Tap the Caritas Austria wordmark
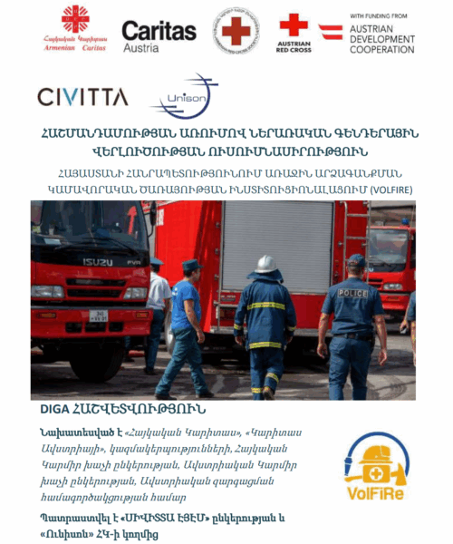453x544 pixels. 159,35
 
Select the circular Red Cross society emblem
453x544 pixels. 235,32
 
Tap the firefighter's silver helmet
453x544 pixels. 265,264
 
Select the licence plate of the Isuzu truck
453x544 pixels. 97,316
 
